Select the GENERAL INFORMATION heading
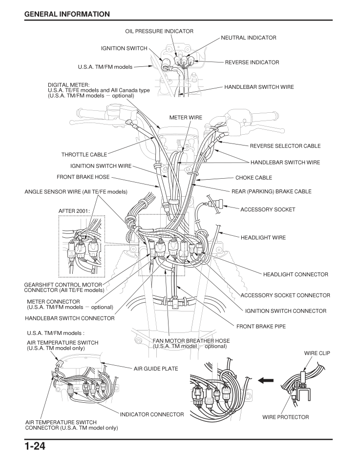67,14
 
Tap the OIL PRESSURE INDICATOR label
159,31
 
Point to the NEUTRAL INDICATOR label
249,38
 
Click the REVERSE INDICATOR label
252,62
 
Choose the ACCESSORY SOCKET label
268,209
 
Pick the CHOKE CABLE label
254,178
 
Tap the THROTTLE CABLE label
84,155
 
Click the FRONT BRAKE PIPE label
261,326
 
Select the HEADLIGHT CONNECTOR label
296,274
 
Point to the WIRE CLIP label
318,352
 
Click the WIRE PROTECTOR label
286,417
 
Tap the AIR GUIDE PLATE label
156,369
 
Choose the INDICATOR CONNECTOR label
152,414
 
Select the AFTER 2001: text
74,211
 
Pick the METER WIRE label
186,118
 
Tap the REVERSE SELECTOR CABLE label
285,146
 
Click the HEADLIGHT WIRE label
263,238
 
